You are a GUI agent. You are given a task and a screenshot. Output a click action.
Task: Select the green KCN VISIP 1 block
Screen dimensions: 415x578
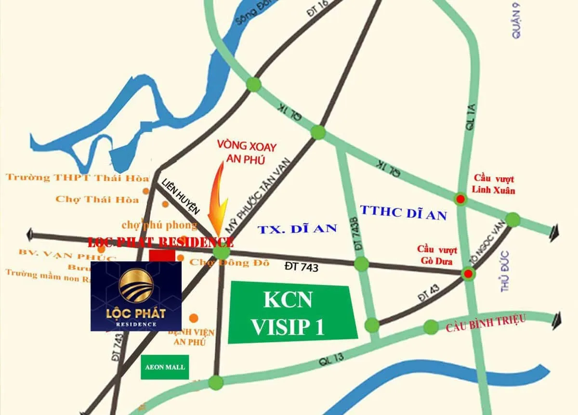292,313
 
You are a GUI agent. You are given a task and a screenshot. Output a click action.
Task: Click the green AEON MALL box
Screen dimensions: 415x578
165,367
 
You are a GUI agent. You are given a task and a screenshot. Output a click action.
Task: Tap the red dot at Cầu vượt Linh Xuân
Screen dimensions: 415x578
461,199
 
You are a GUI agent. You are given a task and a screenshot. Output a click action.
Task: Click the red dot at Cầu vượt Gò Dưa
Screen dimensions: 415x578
468,274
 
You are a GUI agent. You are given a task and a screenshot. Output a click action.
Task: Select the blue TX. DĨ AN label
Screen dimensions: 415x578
297,229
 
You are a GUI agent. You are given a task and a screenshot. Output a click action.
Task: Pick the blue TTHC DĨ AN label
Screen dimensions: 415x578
404,212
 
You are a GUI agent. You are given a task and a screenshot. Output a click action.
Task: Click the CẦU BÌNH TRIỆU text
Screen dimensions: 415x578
485,324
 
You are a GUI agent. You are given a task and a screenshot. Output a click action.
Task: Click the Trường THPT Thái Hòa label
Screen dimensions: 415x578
77,178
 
